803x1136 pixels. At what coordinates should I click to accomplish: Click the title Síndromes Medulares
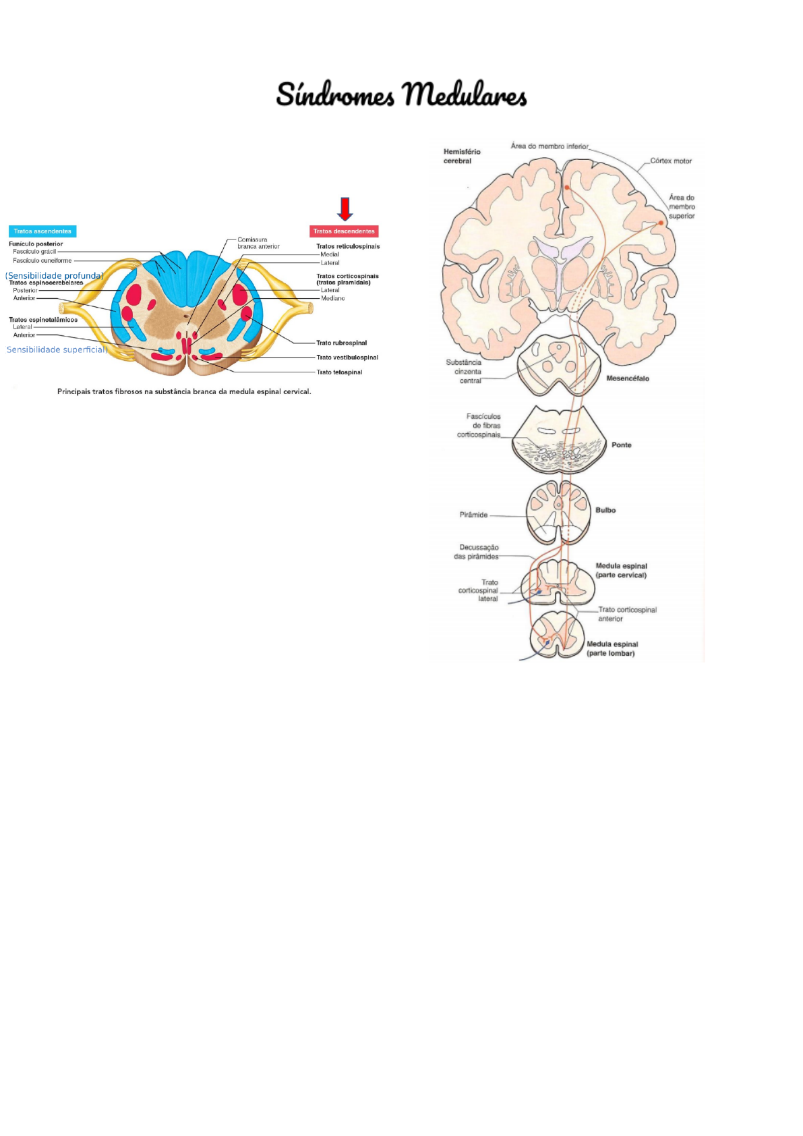tap(401, 94)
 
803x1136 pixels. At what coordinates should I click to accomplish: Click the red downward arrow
tap(345, 209)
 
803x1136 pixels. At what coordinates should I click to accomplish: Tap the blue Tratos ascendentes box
tap(42, 231)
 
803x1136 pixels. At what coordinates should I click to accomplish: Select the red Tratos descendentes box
tap(344, 231)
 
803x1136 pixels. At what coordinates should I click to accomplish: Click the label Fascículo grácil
tap(34, 252)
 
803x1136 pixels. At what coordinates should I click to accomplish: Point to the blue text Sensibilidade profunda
tap(54, 276)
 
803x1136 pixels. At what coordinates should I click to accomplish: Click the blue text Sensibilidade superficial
tap(57, 349)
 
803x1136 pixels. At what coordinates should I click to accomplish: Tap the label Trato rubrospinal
tap(341, 343)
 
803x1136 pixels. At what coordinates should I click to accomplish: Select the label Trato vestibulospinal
tap(347, 357)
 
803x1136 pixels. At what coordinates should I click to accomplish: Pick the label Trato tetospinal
tap(339, 372)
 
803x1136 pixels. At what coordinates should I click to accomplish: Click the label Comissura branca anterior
tap(258, 243)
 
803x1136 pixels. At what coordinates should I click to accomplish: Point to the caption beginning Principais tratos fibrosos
tap(184, 391)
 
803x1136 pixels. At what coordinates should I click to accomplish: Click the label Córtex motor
tap(671, 161)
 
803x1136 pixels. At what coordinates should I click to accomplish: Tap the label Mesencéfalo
tap(628, 378)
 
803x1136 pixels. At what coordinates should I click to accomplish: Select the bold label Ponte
tap(622, 445)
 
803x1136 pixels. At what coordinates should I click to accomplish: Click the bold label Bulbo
tap(605, 510)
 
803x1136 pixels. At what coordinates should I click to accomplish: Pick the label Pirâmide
tap(473, 515)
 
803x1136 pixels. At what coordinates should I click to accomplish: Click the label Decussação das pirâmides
tap(477, 552)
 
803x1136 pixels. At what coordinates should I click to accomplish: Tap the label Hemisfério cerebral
tap(462, 157)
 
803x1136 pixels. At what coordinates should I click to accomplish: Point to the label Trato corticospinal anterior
tap(627, 614)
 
